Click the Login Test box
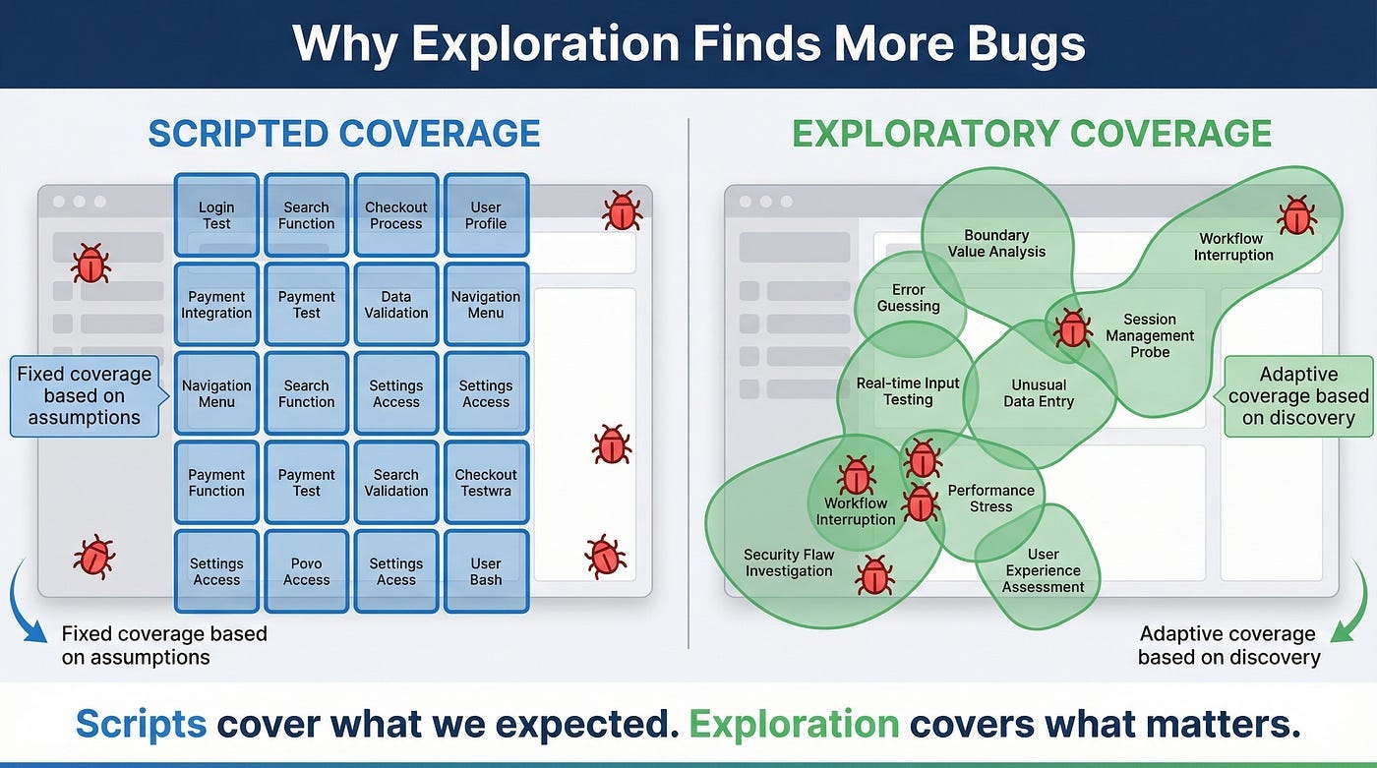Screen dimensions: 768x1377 216,215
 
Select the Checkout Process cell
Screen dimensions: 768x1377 396,215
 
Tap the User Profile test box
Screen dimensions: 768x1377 486,215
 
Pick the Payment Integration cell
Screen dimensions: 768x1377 216,305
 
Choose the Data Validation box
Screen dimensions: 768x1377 396,305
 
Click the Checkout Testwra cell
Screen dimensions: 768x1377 486,483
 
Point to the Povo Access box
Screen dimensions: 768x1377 306,571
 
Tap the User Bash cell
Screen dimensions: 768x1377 486,571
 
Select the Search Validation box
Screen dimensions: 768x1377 396,483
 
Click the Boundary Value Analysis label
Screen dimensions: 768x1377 996,243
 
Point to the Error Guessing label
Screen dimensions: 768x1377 908,298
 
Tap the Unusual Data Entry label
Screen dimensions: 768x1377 1039,393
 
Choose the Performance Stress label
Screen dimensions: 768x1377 990,499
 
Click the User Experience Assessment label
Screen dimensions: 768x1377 1043,570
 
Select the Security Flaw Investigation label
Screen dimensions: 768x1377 789,562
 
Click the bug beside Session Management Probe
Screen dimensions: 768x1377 1072,327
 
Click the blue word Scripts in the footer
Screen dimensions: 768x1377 141,724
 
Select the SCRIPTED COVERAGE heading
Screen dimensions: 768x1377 344,133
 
